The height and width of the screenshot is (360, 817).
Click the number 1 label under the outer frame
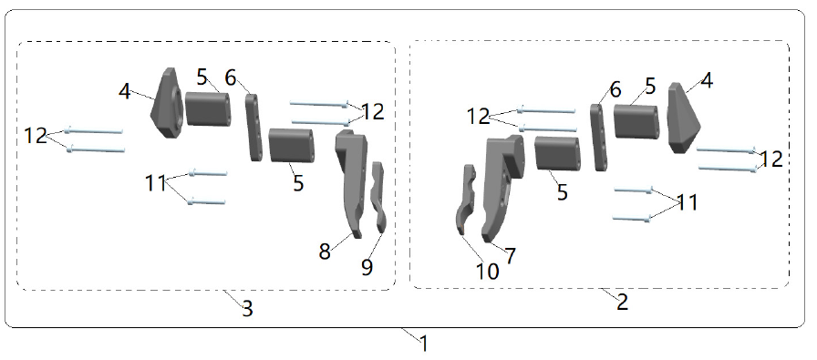tap(424, 344)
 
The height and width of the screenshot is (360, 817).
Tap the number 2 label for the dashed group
tap(622, 302)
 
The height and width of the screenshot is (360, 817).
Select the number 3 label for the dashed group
tap(247, 308)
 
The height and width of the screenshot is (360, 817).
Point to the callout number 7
tap(510, 255)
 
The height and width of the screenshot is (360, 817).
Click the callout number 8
tap(325, 252)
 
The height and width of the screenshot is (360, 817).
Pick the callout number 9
tap(367, 267)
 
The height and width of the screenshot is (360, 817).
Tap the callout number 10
tap(487, 272)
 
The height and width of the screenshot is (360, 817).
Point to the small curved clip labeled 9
tap(378, 197)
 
